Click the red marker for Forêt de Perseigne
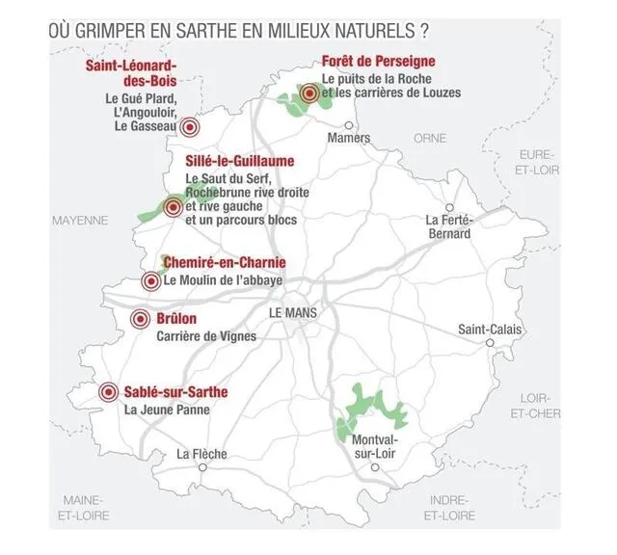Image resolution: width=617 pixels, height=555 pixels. coord(309,93)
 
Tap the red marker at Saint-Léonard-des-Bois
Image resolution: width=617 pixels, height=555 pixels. coord(190,126)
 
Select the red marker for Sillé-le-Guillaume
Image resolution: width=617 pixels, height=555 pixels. coord(174,205)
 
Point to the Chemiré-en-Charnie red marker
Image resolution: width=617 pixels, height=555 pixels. coord(150,281)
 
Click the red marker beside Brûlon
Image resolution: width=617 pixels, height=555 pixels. coord(141,319)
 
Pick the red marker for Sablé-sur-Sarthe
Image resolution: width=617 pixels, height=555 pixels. coord(108,392)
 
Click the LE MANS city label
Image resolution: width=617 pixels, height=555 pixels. coord(293,313)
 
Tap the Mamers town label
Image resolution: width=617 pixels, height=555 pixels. coord(348,138)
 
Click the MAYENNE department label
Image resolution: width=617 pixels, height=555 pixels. coord(80,220)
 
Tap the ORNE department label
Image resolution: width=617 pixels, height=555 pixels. coord(430,138)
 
